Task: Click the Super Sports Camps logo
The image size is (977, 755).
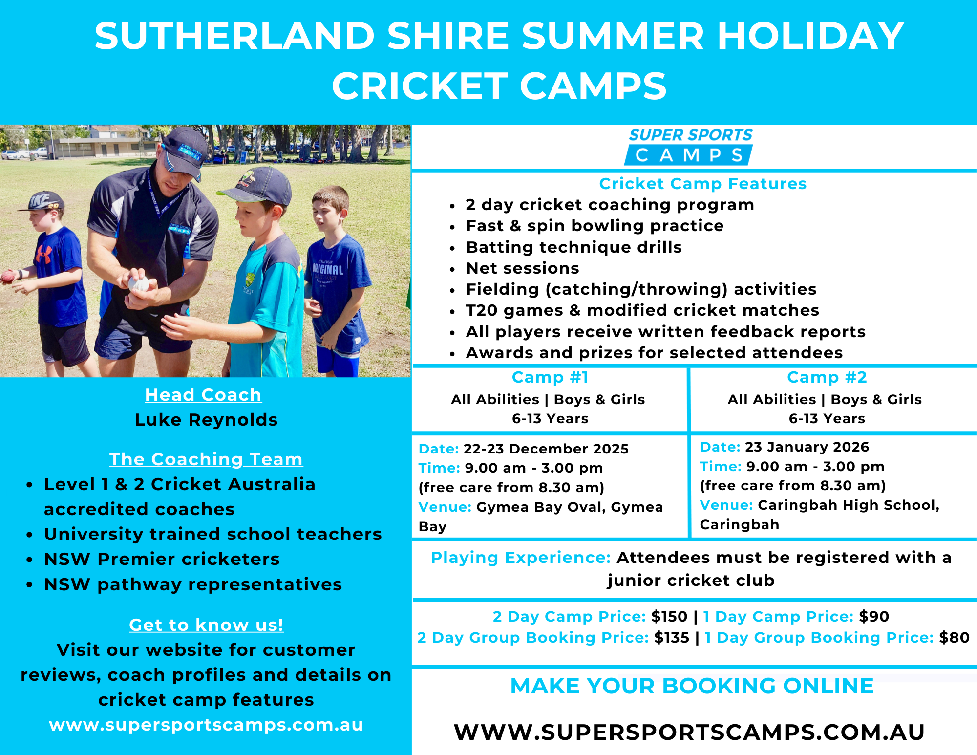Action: tap(690, 147)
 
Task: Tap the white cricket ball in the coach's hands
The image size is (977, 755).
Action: tap(139, 284)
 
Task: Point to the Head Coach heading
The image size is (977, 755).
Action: tap(203, 395)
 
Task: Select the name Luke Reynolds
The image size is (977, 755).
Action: tap(206, 420)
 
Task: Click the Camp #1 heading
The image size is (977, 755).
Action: tap(550, 377)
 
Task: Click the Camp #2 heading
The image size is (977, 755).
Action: tap(827, 377)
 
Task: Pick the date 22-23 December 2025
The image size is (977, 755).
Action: tap(546, 449)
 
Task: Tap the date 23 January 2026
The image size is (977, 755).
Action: tap(807, 447)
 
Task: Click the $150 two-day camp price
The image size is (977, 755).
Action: tap(669, 617)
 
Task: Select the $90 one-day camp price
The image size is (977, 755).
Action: tap(874, 617)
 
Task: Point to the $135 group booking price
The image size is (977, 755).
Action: tap(672, 638)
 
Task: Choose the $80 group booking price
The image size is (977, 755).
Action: tap(954, 638)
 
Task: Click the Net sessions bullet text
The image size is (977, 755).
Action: tap(523, 268)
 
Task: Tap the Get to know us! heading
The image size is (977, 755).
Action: tap(206, 625)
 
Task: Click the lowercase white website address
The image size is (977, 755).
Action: tap(206, 725)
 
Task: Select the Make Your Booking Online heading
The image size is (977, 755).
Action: tap(692, 686)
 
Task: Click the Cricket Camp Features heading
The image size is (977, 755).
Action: tap(703, 184)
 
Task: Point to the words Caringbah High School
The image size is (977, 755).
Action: tap(849, 505)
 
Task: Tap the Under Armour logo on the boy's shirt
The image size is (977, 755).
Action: tap(43, 255)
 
